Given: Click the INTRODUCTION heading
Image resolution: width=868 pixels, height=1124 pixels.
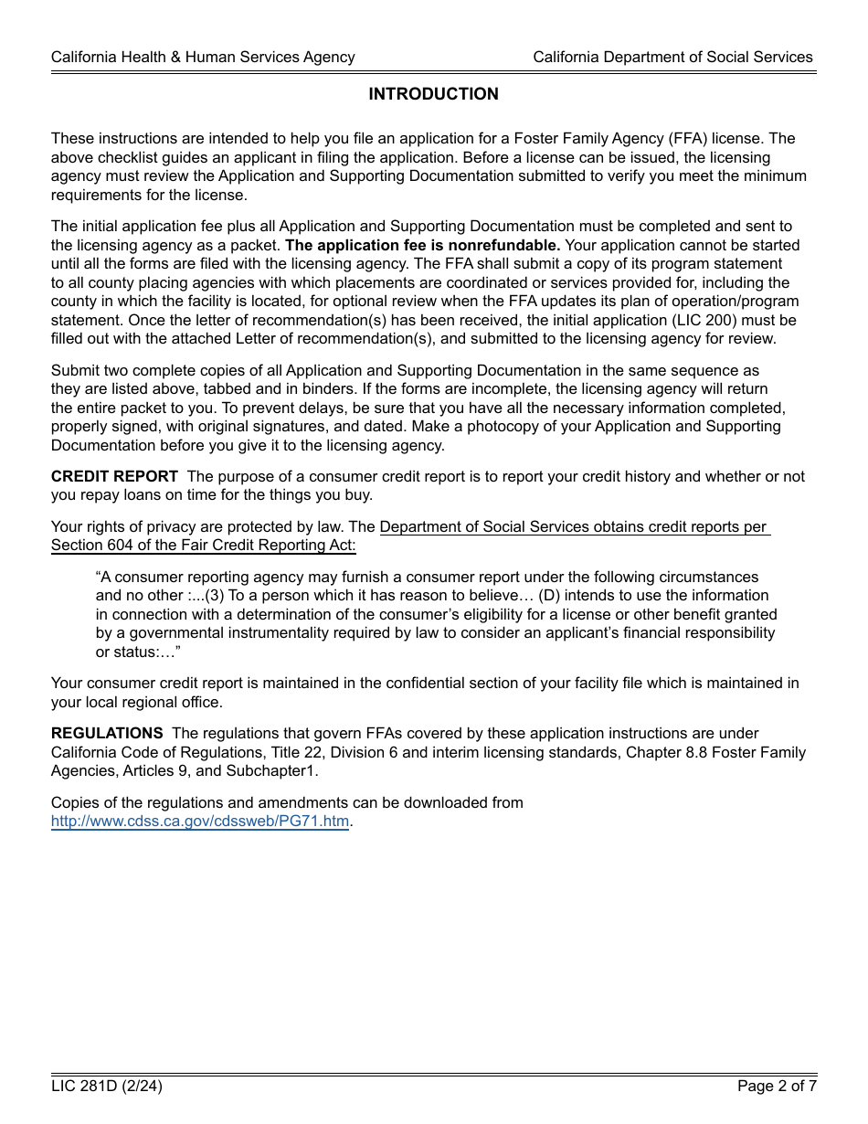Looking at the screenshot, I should click(433, 94).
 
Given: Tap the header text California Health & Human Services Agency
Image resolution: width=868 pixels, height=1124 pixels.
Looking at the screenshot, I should click(203, 57).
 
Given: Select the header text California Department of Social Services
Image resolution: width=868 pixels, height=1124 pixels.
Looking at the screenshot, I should click(672, 57).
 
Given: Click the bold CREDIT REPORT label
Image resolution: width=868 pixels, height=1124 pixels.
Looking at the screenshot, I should click(114, 477).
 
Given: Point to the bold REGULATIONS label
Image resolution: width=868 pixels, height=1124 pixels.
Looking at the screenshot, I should click(107, 734).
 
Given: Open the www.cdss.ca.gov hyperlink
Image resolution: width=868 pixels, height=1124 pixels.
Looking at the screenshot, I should click(200, 822).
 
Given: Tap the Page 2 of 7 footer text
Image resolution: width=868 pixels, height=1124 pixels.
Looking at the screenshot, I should click(777, 1087).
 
